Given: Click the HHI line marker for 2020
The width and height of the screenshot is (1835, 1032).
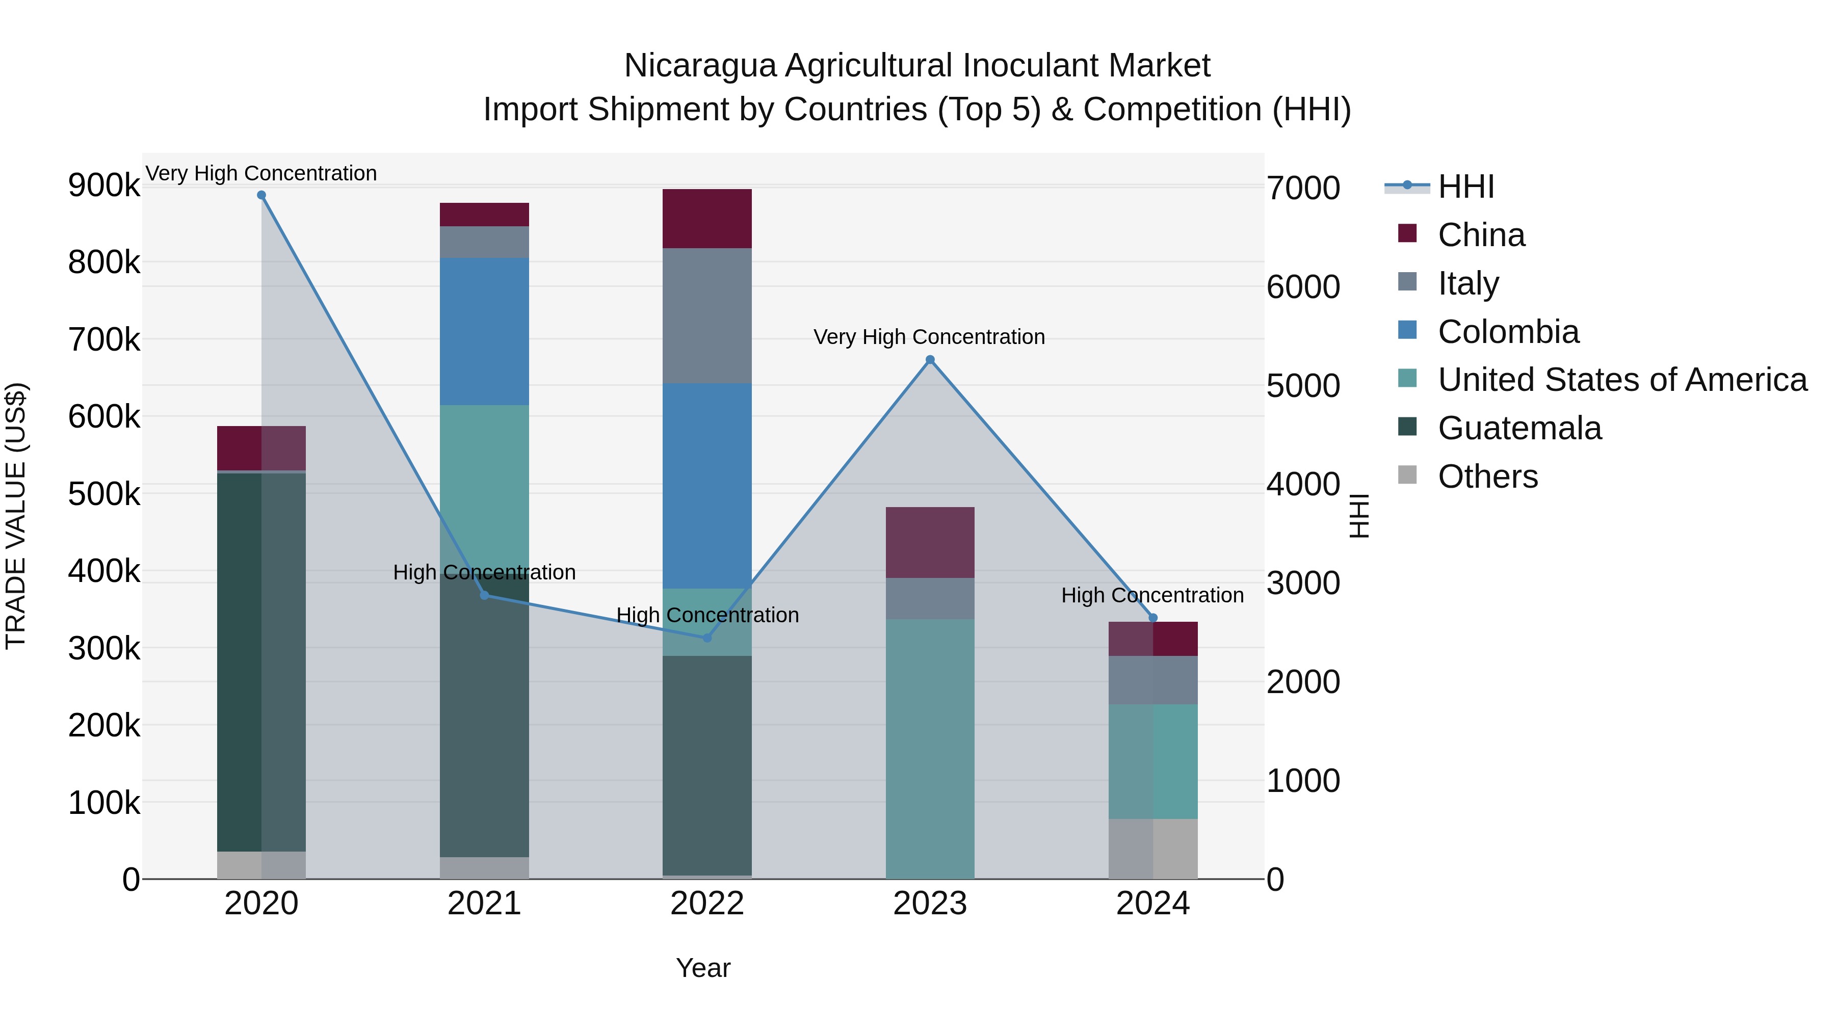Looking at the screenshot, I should pos(261,195).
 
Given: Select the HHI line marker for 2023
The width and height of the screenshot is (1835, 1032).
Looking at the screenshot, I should pos(930,360).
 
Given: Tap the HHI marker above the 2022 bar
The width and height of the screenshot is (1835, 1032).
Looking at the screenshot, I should pos(706,638).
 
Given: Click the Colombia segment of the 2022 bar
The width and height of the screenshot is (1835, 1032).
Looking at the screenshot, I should pos(706,486).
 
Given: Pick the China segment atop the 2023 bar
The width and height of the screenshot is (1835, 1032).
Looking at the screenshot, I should pos(930,542).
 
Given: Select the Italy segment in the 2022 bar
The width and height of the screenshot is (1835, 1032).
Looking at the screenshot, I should pos(706,315).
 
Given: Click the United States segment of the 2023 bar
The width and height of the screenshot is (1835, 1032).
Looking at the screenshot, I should pos(930,748).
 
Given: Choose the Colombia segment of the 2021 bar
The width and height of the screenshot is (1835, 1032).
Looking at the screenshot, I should pos(484,331).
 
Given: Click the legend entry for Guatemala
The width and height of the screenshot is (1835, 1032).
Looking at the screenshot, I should pos(1519,428).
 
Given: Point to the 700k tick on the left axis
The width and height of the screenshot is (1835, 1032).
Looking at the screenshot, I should pos(104,340).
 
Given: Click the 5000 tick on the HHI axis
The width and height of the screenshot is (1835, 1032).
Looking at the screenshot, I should pos(1303,386).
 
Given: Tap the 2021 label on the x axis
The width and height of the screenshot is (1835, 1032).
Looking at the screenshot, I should pos(484,904).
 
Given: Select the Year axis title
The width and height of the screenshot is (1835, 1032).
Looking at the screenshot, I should pos(702,968).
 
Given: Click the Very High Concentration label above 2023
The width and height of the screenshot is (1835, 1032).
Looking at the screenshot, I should pos(929,337).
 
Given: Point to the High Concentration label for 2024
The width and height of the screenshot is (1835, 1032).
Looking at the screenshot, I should pos(1152,595).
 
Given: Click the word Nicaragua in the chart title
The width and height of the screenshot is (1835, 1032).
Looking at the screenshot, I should pos(699,66).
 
